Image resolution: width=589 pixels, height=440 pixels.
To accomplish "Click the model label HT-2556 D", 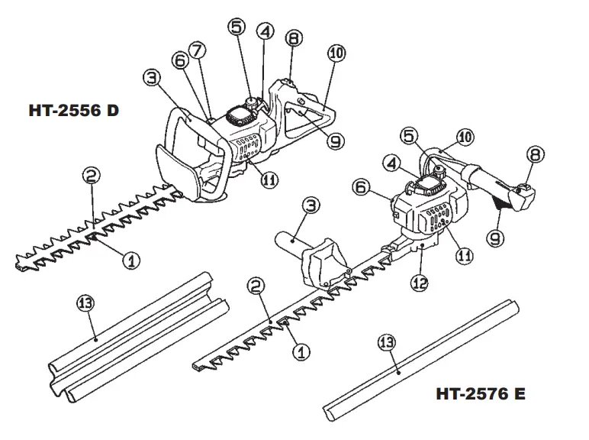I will (74, 111).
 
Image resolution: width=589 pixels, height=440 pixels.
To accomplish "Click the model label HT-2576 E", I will (481, 394).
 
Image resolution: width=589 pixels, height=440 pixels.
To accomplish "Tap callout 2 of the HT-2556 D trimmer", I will (91, 176).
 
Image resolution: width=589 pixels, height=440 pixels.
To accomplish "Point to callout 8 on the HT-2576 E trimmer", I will (536, 155).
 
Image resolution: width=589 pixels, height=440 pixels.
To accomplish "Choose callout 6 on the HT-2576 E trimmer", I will (362, 186).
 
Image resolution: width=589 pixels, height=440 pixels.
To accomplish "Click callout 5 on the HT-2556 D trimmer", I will (237, 26).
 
